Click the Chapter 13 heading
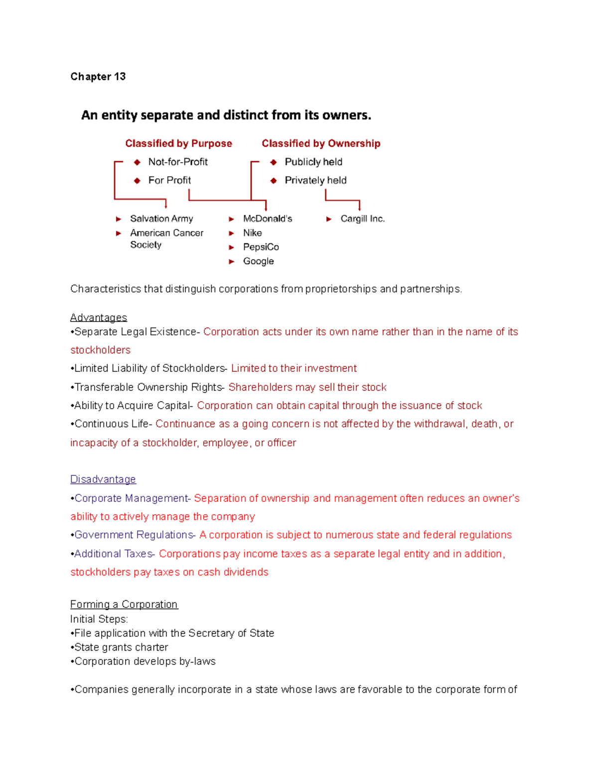click(98, 77)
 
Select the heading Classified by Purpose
click(178, 143)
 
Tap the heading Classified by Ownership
click(321, 143)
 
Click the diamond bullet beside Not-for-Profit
click(137, 162)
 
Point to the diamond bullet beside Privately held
click(274, 181)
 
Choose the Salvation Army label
click(161, 219)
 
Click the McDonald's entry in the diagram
click(268, 219)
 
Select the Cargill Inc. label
click(362, 219)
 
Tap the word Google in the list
click(258, 261)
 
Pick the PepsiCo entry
click(261, 247)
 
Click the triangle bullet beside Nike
click(232, 233)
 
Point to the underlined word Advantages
click(99, 318)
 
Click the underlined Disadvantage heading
click(103, 479)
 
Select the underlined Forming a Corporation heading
click(124, 604)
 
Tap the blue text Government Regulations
click(134, 535)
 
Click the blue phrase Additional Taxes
click(114, 553)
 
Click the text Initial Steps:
click(99, 619)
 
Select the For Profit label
click(169, 180)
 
